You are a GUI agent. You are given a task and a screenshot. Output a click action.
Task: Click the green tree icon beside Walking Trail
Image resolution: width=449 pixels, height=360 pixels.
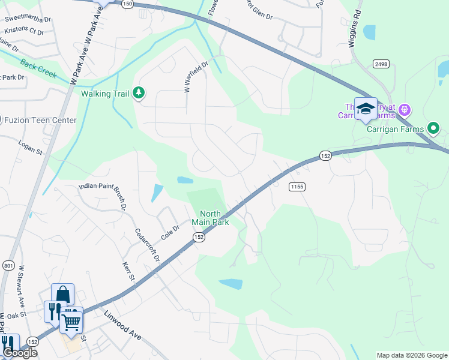(139, 92)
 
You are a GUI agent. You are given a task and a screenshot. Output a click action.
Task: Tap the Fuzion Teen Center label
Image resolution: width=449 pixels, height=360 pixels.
(41, 120)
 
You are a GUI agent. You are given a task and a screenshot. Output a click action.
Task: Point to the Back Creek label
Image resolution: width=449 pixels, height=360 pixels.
(37, 70)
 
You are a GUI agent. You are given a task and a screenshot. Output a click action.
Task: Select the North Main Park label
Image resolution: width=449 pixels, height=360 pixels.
(210, 218)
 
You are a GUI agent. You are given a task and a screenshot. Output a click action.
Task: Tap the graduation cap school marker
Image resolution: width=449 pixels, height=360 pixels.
(365, 109)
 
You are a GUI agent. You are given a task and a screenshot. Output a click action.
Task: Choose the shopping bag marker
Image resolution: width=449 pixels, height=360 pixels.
(62, 295)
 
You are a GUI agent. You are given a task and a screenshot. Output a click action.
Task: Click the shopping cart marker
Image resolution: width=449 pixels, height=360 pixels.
(72, 322)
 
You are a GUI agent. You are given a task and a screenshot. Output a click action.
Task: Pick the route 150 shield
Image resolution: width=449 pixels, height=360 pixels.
(127, 4)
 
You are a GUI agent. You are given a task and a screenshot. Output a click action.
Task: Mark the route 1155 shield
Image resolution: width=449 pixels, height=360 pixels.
(297, 187)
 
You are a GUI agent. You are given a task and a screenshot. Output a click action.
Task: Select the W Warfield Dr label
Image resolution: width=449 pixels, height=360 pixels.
(195, 76)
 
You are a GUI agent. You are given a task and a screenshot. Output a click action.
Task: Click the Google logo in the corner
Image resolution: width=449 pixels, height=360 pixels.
(20, 352)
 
